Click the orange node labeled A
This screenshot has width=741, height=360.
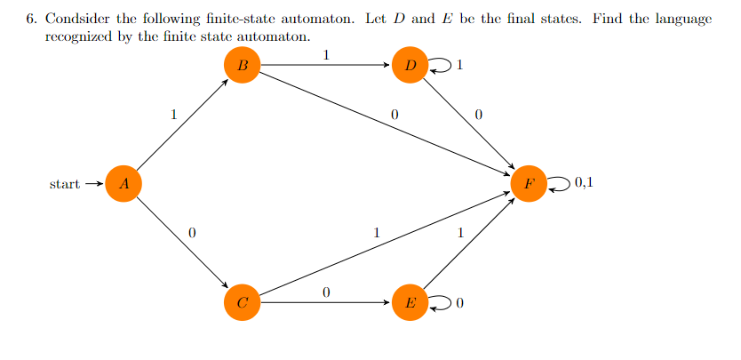123,184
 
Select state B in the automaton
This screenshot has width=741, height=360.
243,65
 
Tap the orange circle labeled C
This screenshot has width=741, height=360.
243,302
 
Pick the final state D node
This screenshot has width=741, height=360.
410,65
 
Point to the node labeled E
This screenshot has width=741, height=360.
410,302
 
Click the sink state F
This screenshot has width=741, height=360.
530,184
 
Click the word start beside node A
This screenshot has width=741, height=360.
64,185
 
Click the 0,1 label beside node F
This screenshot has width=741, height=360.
584,184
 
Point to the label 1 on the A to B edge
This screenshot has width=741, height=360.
174,114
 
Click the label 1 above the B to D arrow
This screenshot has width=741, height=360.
326,54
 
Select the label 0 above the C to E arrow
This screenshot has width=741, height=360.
326,292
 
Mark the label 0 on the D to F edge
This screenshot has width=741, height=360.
479,115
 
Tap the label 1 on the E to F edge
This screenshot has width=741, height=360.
459,233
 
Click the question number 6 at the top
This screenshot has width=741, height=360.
30,20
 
